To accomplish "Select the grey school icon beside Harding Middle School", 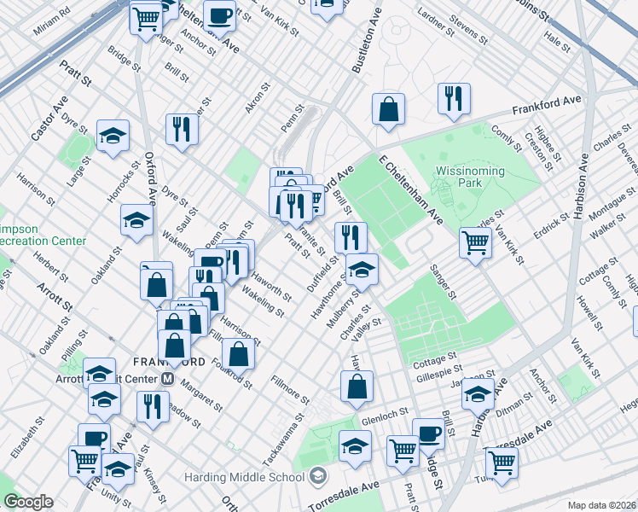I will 318,474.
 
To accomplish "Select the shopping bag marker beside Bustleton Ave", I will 388,109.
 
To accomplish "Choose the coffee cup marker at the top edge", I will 220,15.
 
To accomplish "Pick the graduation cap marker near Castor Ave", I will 113,137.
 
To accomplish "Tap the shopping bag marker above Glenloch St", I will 357,387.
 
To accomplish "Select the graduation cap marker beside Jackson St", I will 478,393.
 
